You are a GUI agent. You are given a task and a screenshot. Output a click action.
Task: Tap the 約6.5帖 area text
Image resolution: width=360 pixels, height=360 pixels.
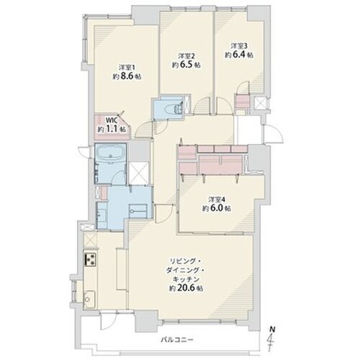click(x=186, y=65)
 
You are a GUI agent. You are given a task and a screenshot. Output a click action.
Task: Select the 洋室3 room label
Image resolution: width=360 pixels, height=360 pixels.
click(x=239, y=45)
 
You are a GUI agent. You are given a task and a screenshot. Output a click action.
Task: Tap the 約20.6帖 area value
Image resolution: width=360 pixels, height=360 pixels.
click(x=186, y=288)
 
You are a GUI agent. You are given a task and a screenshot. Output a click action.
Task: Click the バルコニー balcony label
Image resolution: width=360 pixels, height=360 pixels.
click(x=177, y=340)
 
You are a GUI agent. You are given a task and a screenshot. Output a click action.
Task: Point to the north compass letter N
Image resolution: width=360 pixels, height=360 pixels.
click(x=272, y=330)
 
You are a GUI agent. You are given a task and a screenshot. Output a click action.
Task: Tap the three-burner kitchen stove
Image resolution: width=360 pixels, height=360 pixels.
click(x=90, y=259)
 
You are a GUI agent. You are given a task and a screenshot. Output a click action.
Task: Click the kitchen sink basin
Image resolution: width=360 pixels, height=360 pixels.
click(x=89, y=299)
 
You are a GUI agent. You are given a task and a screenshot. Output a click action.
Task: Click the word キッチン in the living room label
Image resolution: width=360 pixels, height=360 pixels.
click(x=186, y=279)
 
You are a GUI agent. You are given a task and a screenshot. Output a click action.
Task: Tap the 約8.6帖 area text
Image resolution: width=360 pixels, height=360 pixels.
click(x=127, y=76)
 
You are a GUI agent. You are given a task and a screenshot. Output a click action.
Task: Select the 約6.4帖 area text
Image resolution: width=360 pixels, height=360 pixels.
click(x=239, y=55)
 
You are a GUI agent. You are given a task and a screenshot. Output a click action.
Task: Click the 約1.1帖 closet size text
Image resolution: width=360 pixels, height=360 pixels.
click(x=112, y=129)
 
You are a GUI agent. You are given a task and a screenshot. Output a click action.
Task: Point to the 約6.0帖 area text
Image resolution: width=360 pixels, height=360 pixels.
click(x=217, y=208)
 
